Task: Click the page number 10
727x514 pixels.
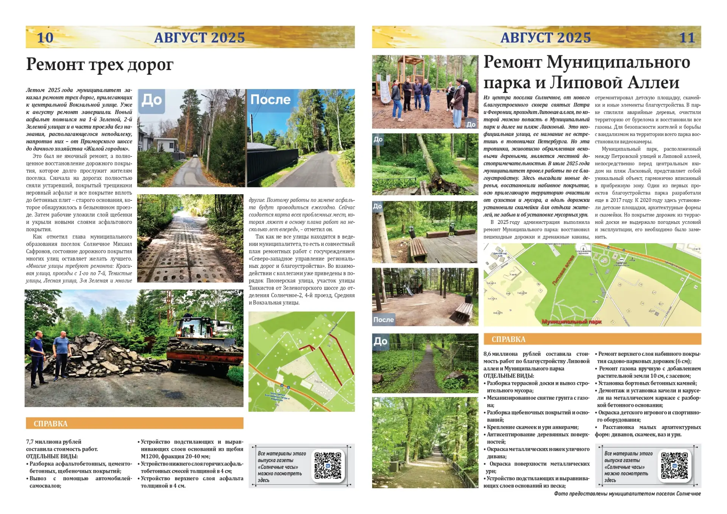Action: [x=45, y=37]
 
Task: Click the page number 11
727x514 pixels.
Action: [x=687, y=37]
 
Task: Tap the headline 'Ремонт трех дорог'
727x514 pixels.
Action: [x=100, y=64]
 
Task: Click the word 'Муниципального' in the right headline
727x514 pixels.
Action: [x=619, y=62]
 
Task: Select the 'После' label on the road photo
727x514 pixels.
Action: [x=270, y=100]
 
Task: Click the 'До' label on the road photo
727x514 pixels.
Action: [x=151, y=100]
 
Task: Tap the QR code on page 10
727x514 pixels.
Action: [x=328, y=466]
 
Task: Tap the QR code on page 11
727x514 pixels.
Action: [x=674, y=466]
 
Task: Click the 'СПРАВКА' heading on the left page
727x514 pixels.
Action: [x=50, y=423]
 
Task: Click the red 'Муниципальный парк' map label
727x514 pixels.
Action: [x=571, y=322]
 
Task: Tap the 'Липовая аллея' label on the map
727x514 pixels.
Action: [x=563, y=270]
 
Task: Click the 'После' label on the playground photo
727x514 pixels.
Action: [x=383, y=320]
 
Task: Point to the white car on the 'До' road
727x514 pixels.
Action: [x=195, y=155]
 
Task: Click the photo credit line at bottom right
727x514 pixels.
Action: [x=627, y=494]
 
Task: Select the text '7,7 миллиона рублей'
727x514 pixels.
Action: [x=54, y=442]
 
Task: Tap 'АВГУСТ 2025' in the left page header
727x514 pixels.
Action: [x=200, y=37]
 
